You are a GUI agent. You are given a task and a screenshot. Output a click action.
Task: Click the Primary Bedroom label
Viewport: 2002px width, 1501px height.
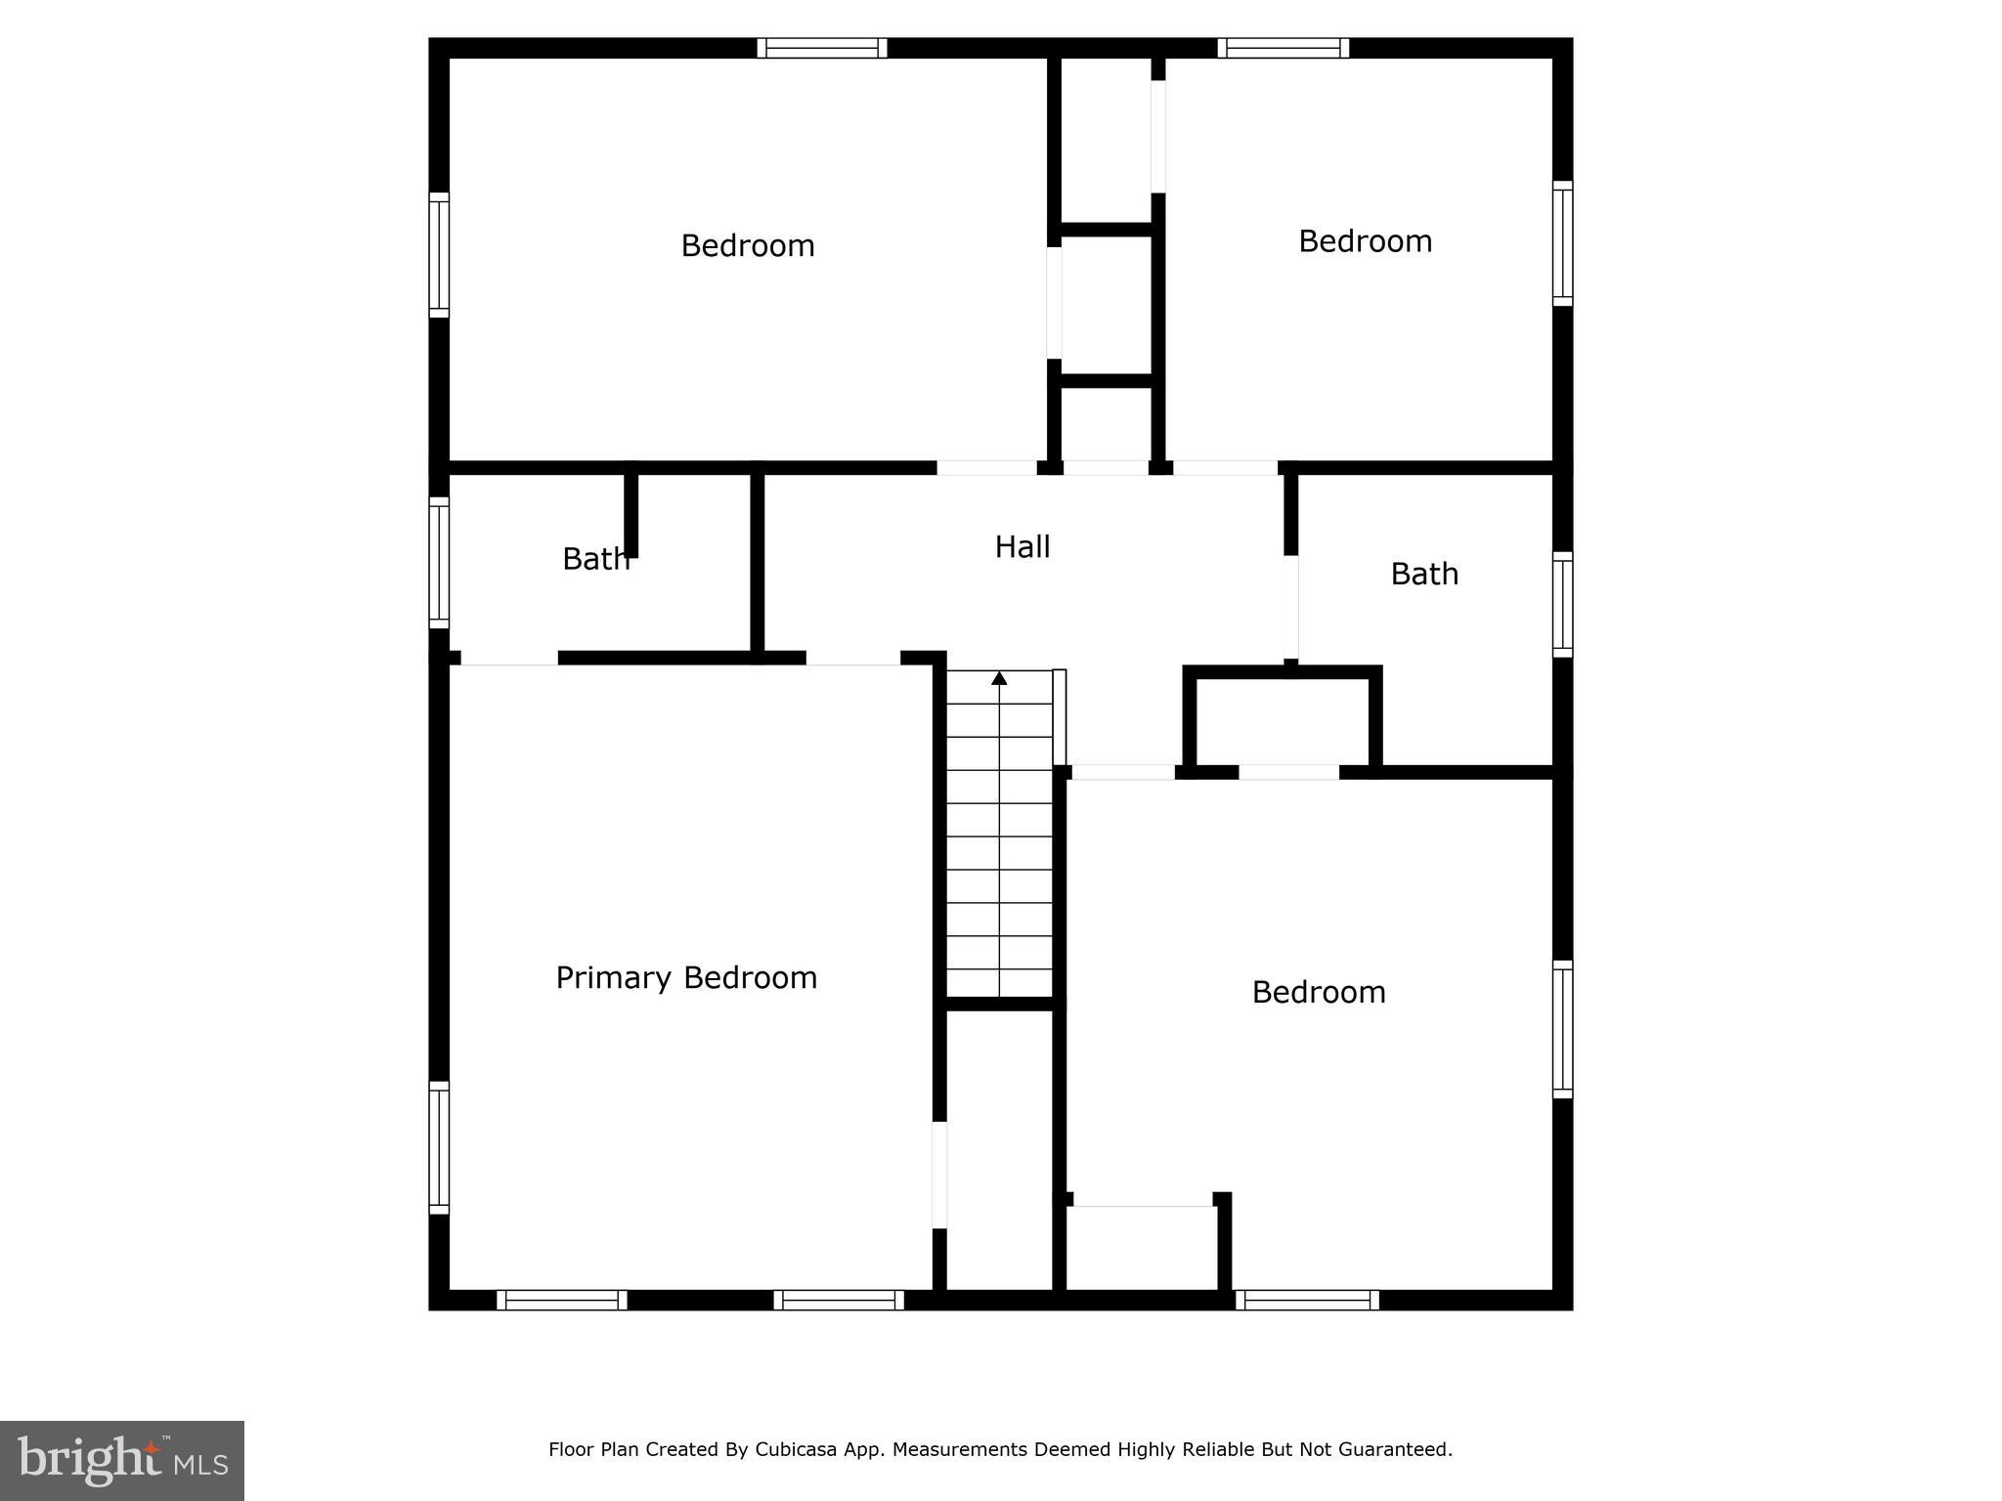[x=686, y=978]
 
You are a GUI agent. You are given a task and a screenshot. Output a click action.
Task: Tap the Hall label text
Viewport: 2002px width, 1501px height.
[x=1023, y=547]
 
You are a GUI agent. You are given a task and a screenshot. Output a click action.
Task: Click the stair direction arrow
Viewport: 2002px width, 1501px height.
[x=999, y=678]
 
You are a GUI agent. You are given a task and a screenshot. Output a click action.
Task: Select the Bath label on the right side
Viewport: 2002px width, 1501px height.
[x=1424, y=574]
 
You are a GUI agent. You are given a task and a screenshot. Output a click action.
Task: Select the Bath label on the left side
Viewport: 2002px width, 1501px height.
[x=595, y=559]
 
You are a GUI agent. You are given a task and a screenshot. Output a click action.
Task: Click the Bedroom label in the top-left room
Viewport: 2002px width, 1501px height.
[x=748, y=245]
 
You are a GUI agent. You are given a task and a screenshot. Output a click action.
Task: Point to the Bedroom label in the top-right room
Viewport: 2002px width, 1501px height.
[x=1365, y=241]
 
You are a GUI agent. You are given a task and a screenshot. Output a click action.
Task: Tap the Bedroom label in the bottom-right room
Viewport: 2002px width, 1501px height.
[x=1319, y=993]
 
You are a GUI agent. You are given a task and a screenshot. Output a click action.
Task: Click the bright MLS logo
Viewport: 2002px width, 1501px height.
[x=122, y=1460]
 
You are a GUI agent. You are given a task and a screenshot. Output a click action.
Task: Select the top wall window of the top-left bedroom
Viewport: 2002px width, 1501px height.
[x=822, y=48]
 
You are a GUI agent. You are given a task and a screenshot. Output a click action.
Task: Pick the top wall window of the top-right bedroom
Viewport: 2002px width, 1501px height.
[x=1284, y=48]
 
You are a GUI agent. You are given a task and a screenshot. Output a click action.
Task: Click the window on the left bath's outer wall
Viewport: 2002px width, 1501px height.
[x=439, y=563]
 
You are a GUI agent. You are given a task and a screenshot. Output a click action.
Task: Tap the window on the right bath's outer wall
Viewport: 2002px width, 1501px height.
[x=1563, y=604]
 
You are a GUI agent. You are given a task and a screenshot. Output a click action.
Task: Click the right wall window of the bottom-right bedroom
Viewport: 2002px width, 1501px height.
[x=1563, y=1029]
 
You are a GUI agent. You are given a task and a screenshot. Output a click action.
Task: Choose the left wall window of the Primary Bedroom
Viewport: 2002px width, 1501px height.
[x=439, y=1147]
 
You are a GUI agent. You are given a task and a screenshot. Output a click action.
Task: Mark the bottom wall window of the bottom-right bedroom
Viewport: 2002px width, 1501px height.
[x=1307, y=1300]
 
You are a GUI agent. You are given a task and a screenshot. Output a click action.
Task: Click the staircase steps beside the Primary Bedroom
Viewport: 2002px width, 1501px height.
[x=999, y=850]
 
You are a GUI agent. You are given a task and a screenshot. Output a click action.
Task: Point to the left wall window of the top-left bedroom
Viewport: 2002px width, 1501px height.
[x=439, y=255]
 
